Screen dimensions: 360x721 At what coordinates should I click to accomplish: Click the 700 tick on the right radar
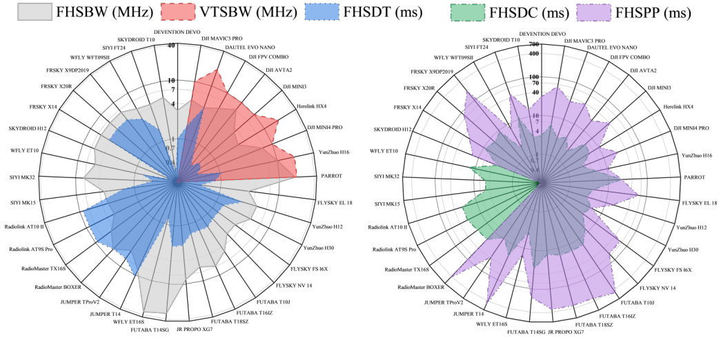(x=533, y=44)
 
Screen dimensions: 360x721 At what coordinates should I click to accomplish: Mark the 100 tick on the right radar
(x=533, y=77)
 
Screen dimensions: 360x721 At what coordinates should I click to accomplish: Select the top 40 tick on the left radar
(x=170, y=46)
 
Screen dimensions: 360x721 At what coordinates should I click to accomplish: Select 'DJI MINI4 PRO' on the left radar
(x=327, y=128)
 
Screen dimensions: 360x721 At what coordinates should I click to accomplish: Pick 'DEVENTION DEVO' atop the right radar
(x=542, y=33)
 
